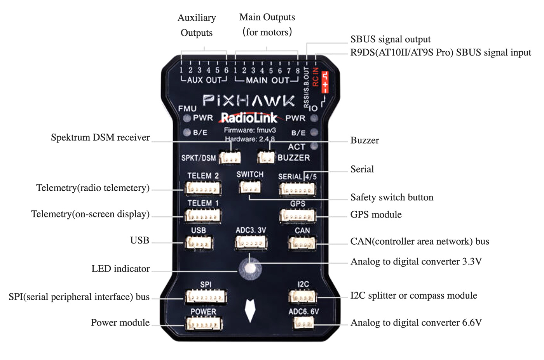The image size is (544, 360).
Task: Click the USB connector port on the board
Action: (199, 243)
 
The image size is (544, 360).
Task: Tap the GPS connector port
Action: (297, 216)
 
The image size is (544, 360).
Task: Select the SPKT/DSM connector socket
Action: (230, 158)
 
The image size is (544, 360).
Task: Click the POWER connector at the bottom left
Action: (204, 324)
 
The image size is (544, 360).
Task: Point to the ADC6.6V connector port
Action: (303, 323)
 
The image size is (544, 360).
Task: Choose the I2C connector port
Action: (302, 297)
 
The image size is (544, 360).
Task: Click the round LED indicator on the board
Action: (250, 268)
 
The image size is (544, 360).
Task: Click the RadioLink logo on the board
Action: (249, 118)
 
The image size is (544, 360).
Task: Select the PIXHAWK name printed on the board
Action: (249, 101)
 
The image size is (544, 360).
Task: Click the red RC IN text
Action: (316, 77)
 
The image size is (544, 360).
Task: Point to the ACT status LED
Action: (314, 146)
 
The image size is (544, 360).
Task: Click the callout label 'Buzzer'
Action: (364, 141)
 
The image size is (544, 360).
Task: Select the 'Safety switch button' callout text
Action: (392, 197)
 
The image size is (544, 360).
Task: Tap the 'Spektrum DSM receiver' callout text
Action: (100, 137)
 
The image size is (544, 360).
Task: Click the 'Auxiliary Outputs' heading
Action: (197, 25)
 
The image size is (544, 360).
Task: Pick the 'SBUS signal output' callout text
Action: (390, 39)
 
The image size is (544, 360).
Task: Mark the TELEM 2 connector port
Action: (203, 189)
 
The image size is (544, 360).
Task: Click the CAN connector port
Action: (302, 243)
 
